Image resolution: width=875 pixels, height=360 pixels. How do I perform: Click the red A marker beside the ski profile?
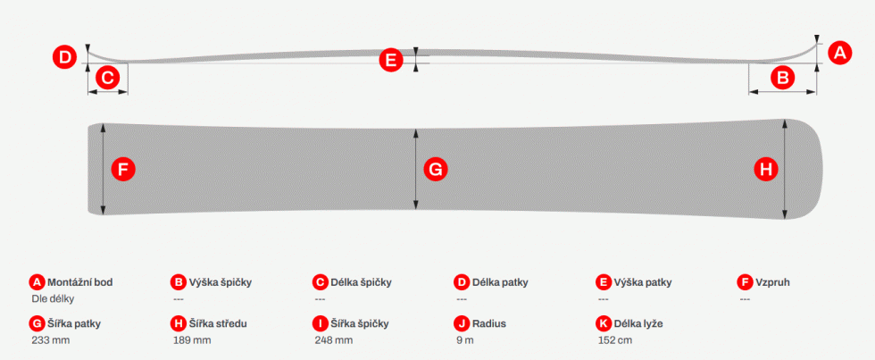840,54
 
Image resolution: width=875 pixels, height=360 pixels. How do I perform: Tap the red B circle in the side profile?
783,78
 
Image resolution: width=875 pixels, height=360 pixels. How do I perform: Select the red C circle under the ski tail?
108,77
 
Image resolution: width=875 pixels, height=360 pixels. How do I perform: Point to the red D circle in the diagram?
64,57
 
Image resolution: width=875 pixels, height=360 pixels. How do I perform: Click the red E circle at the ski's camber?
391,60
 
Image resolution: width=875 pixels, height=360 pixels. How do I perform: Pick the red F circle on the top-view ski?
123,169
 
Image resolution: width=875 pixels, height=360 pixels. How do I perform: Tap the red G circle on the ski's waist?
436,169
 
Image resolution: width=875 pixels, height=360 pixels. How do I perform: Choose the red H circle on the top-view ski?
766,169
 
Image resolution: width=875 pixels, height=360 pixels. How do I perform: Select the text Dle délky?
53,298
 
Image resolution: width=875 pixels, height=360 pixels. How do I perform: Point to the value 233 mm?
51,340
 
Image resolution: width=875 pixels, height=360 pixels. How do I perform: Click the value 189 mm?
192,340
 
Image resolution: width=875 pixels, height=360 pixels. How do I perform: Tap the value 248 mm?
334,340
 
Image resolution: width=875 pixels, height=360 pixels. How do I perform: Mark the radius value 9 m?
465,340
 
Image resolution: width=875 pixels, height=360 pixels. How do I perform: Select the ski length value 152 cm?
615,340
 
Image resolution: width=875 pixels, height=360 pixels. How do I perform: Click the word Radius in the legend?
489,323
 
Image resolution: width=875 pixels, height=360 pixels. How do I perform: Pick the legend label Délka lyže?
638,323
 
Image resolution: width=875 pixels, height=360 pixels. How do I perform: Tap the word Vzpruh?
772,282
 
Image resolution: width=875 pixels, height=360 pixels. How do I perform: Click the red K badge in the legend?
604,323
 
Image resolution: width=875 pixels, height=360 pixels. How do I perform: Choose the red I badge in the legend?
321,323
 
